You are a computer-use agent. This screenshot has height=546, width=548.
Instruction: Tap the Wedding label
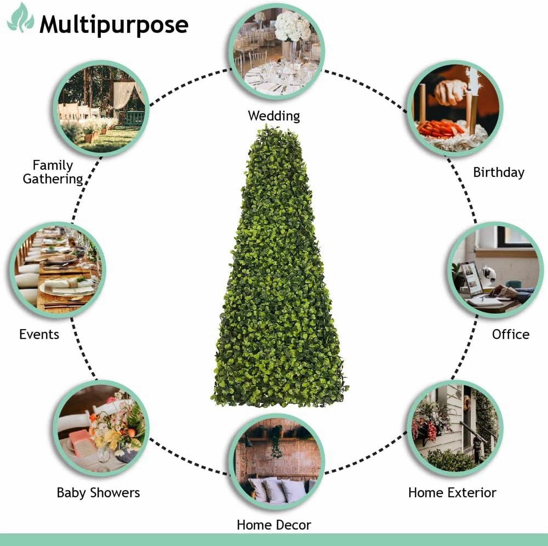(274, 116)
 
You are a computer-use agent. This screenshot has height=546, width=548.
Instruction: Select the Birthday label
(499, 172)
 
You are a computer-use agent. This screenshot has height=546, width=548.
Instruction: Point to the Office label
(510, 335)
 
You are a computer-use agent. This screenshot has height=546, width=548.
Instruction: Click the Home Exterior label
(452, 493)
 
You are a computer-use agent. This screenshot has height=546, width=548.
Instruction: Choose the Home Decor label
(274, 525)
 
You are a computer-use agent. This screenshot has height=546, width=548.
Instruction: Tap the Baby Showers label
(98, 493)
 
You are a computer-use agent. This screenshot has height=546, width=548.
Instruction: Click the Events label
(39, 335)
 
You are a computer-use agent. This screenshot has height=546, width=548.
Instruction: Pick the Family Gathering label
(53, 172)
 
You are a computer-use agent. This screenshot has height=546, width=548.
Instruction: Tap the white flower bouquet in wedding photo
(293, 27)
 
